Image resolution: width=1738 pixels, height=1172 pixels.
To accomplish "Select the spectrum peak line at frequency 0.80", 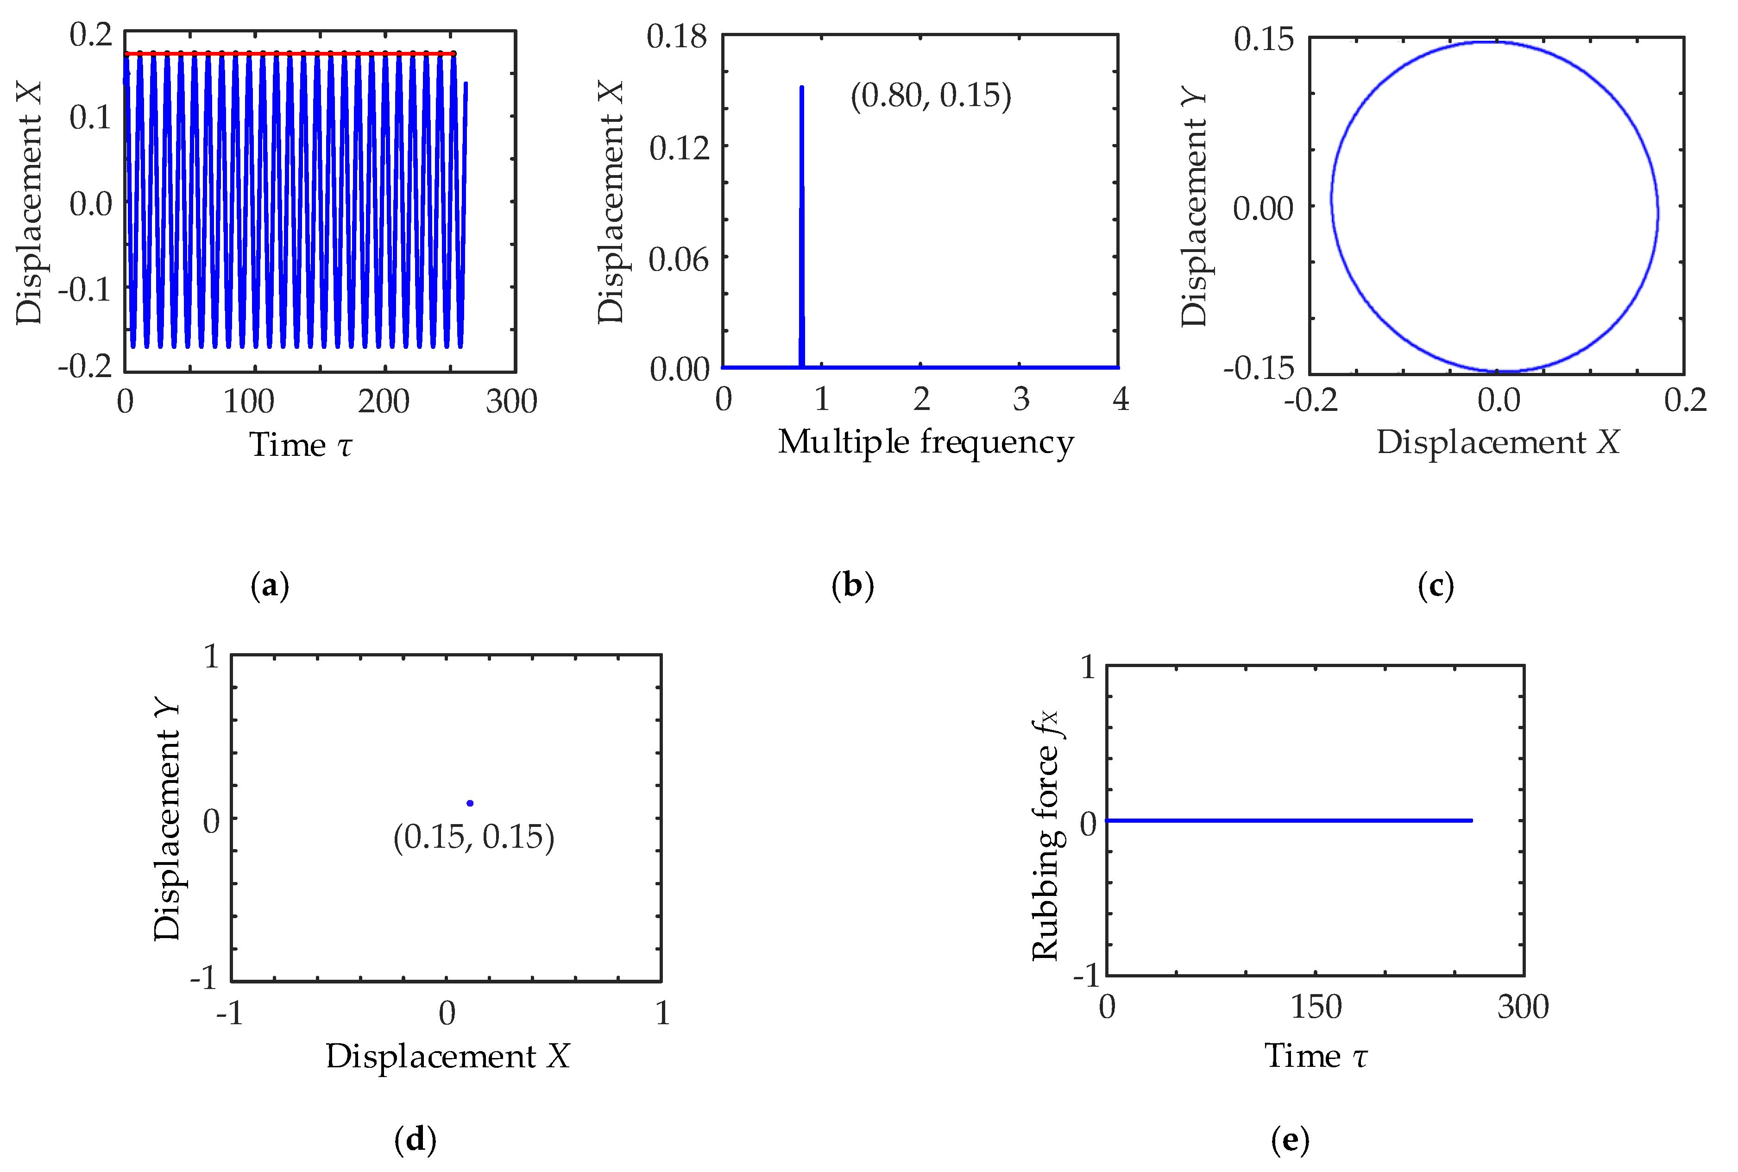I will pyautogui.click(x=802, y=224).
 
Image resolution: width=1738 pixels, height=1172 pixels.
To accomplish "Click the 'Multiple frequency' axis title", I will pyautogui.click(x=925, y=442).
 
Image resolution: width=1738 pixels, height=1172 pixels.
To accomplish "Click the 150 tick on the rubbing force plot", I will pyautogui.click(x=1316, y=1007).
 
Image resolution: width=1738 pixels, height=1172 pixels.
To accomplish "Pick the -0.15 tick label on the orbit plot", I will pyautogui.click(x=1259, y=368).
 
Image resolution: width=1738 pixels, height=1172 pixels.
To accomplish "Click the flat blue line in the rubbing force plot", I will pyautogui.click(x=1289, y=821).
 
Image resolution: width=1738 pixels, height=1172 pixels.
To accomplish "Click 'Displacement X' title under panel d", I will pyautogui.click(x=447, y=1056).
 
